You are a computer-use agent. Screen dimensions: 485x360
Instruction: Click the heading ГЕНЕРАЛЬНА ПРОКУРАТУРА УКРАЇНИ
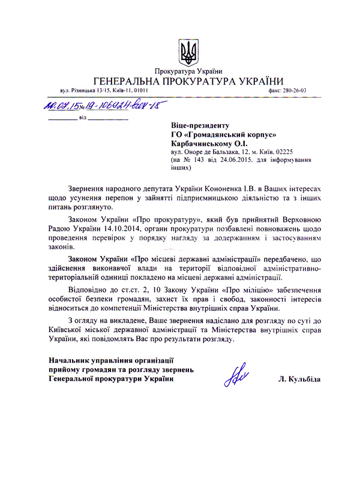point(188,82)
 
